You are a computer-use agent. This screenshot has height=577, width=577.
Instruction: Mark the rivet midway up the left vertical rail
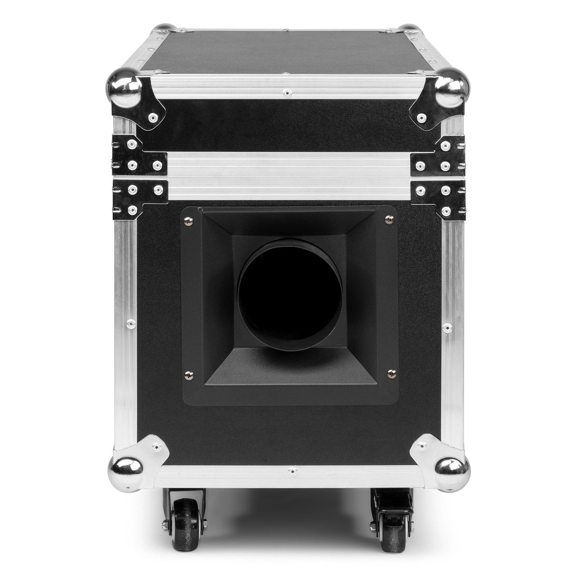[128, 325]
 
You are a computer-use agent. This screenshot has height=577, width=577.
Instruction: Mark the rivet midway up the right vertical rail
[447, 327]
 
